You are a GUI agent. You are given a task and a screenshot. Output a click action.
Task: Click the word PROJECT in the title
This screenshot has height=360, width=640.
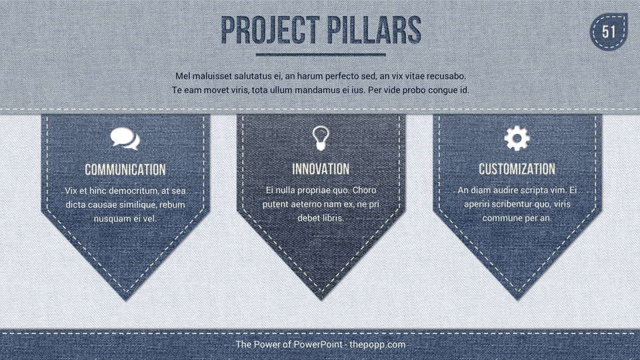coord(270,30)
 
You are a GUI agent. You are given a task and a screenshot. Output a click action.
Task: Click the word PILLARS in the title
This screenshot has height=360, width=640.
coord(374,30)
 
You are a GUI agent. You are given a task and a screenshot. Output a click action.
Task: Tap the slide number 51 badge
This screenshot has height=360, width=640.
coord(609,32)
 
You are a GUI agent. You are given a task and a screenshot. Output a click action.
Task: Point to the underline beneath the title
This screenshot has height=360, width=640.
coord(321,54)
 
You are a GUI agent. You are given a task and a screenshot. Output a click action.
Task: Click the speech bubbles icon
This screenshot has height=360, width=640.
coord(125,139)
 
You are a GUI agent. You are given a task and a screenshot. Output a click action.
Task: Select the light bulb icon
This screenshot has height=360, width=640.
coord(321,139)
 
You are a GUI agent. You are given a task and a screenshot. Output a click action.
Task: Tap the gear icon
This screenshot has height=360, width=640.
coord(517,139)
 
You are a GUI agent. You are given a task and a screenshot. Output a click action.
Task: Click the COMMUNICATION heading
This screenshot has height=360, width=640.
coord(125,170)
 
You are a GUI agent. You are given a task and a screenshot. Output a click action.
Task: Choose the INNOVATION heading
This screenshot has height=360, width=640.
coord(321,169)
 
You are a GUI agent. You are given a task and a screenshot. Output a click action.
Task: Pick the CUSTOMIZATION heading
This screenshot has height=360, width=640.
coord(517,169)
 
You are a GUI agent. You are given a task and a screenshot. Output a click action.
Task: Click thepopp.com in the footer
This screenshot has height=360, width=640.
coord(377,345)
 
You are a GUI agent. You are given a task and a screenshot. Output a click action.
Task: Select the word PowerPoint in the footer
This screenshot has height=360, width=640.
coord(319,345)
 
